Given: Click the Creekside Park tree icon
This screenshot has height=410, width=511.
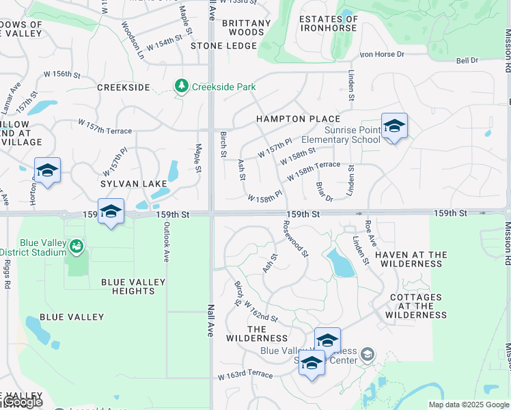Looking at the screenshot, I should tap(181, 86).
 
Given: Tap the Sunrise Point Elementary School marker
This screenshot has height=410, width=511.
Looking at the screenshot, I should tap(394, 127).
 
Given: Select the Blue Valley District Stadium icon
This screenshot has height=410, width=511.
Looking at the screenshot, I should tap(77, 245).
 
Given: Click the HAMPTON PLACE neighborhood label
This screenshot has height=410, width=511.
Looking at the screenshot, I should tap(298, 119).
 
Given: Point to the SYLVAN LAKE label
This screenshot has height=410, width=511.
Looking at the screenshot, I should tap(134, 184).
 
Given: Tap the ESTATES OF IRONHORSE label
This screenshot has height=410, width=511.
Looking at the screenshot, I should tap(328, 23).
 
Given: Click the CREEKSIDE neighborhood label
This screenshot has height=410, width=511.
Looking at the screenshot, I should tap(123, 87).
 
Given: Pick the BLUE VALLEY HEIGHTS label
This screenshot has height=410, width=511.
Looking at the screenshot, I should tap(133, 286).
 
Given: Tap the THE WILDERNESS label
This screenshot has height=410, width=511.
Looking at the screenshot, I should tap(257, 333).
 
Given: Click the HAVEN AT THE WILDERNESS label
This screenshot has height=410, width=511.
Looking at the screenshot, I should tap(411, 259).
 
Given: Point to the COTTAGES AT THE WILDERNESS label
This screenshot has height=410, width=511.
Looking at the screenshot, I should tap(415, 306).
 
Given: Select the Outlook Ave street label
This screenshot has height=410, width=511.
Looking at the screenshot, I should tap(166, 243).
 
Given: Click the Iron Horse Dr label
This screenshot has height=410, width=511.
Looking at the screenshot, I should tap(382, 54).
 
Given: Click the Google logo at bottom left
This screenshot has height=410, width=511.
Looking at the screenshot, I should tap(22, 402).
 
